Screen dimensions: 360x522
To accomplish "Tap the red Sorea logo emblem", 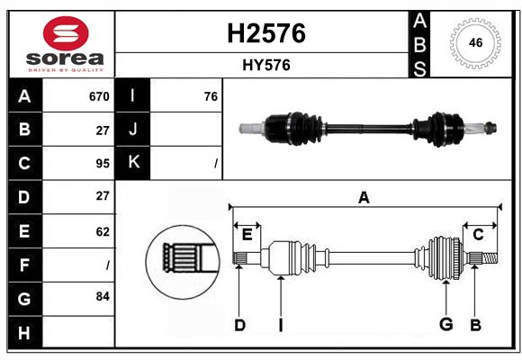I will pos(65,35).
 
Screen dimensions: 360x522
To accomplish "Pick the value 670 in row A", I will pos(98,96).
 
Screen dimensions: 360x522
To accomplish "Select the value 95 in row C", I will pos(102,164).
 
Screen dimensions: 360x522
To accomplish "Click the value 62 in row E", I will pos(102,231).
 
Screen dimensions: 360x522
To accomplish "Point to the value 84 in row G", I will pos(102,295).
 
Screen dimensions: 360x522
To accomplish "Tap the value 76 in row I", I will pos(211,96).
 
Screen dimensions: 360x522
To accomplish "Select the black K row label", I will pos(134,163).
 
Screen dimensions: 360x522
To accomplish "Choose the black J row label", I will pos(134,130).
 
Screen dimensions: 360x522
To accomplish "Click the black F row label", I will pos(24,265).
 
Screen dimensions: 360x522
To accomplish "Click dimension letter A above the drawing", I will pos(364,198).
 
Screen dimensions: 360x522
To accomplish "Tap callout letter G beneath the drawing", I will pos(445,324).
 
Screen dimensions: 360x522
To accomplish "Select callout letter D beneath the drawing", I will pos(239,324).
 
